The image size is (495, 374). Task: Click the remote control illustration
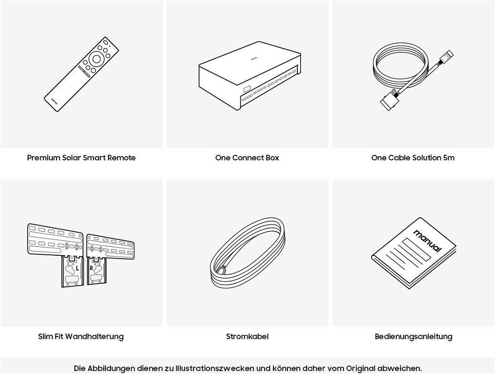(81, 74)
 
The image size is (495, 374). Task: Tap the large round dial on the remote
(97, 59)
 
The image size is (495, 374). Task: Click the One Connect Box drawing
(250, 76)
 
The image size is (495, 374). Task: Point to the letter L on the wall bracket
(77, 269)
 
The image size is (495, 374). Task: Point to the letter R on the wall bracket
(91, 269)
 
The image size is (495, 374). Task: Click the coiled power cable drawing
(248, 252)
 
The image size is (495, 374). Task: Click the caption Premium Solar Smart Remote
(81, 158)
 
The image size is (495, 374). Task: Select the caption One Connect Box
(247, 158)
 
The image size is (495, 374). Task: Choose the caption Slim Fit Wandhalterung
(81, 337)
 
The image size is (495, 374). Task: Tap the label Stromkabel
(247, 337)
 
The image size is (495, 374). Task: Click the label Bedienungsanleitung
(414, 337)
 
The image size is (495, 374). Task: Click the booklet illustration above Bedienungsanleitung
(414, 253)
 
